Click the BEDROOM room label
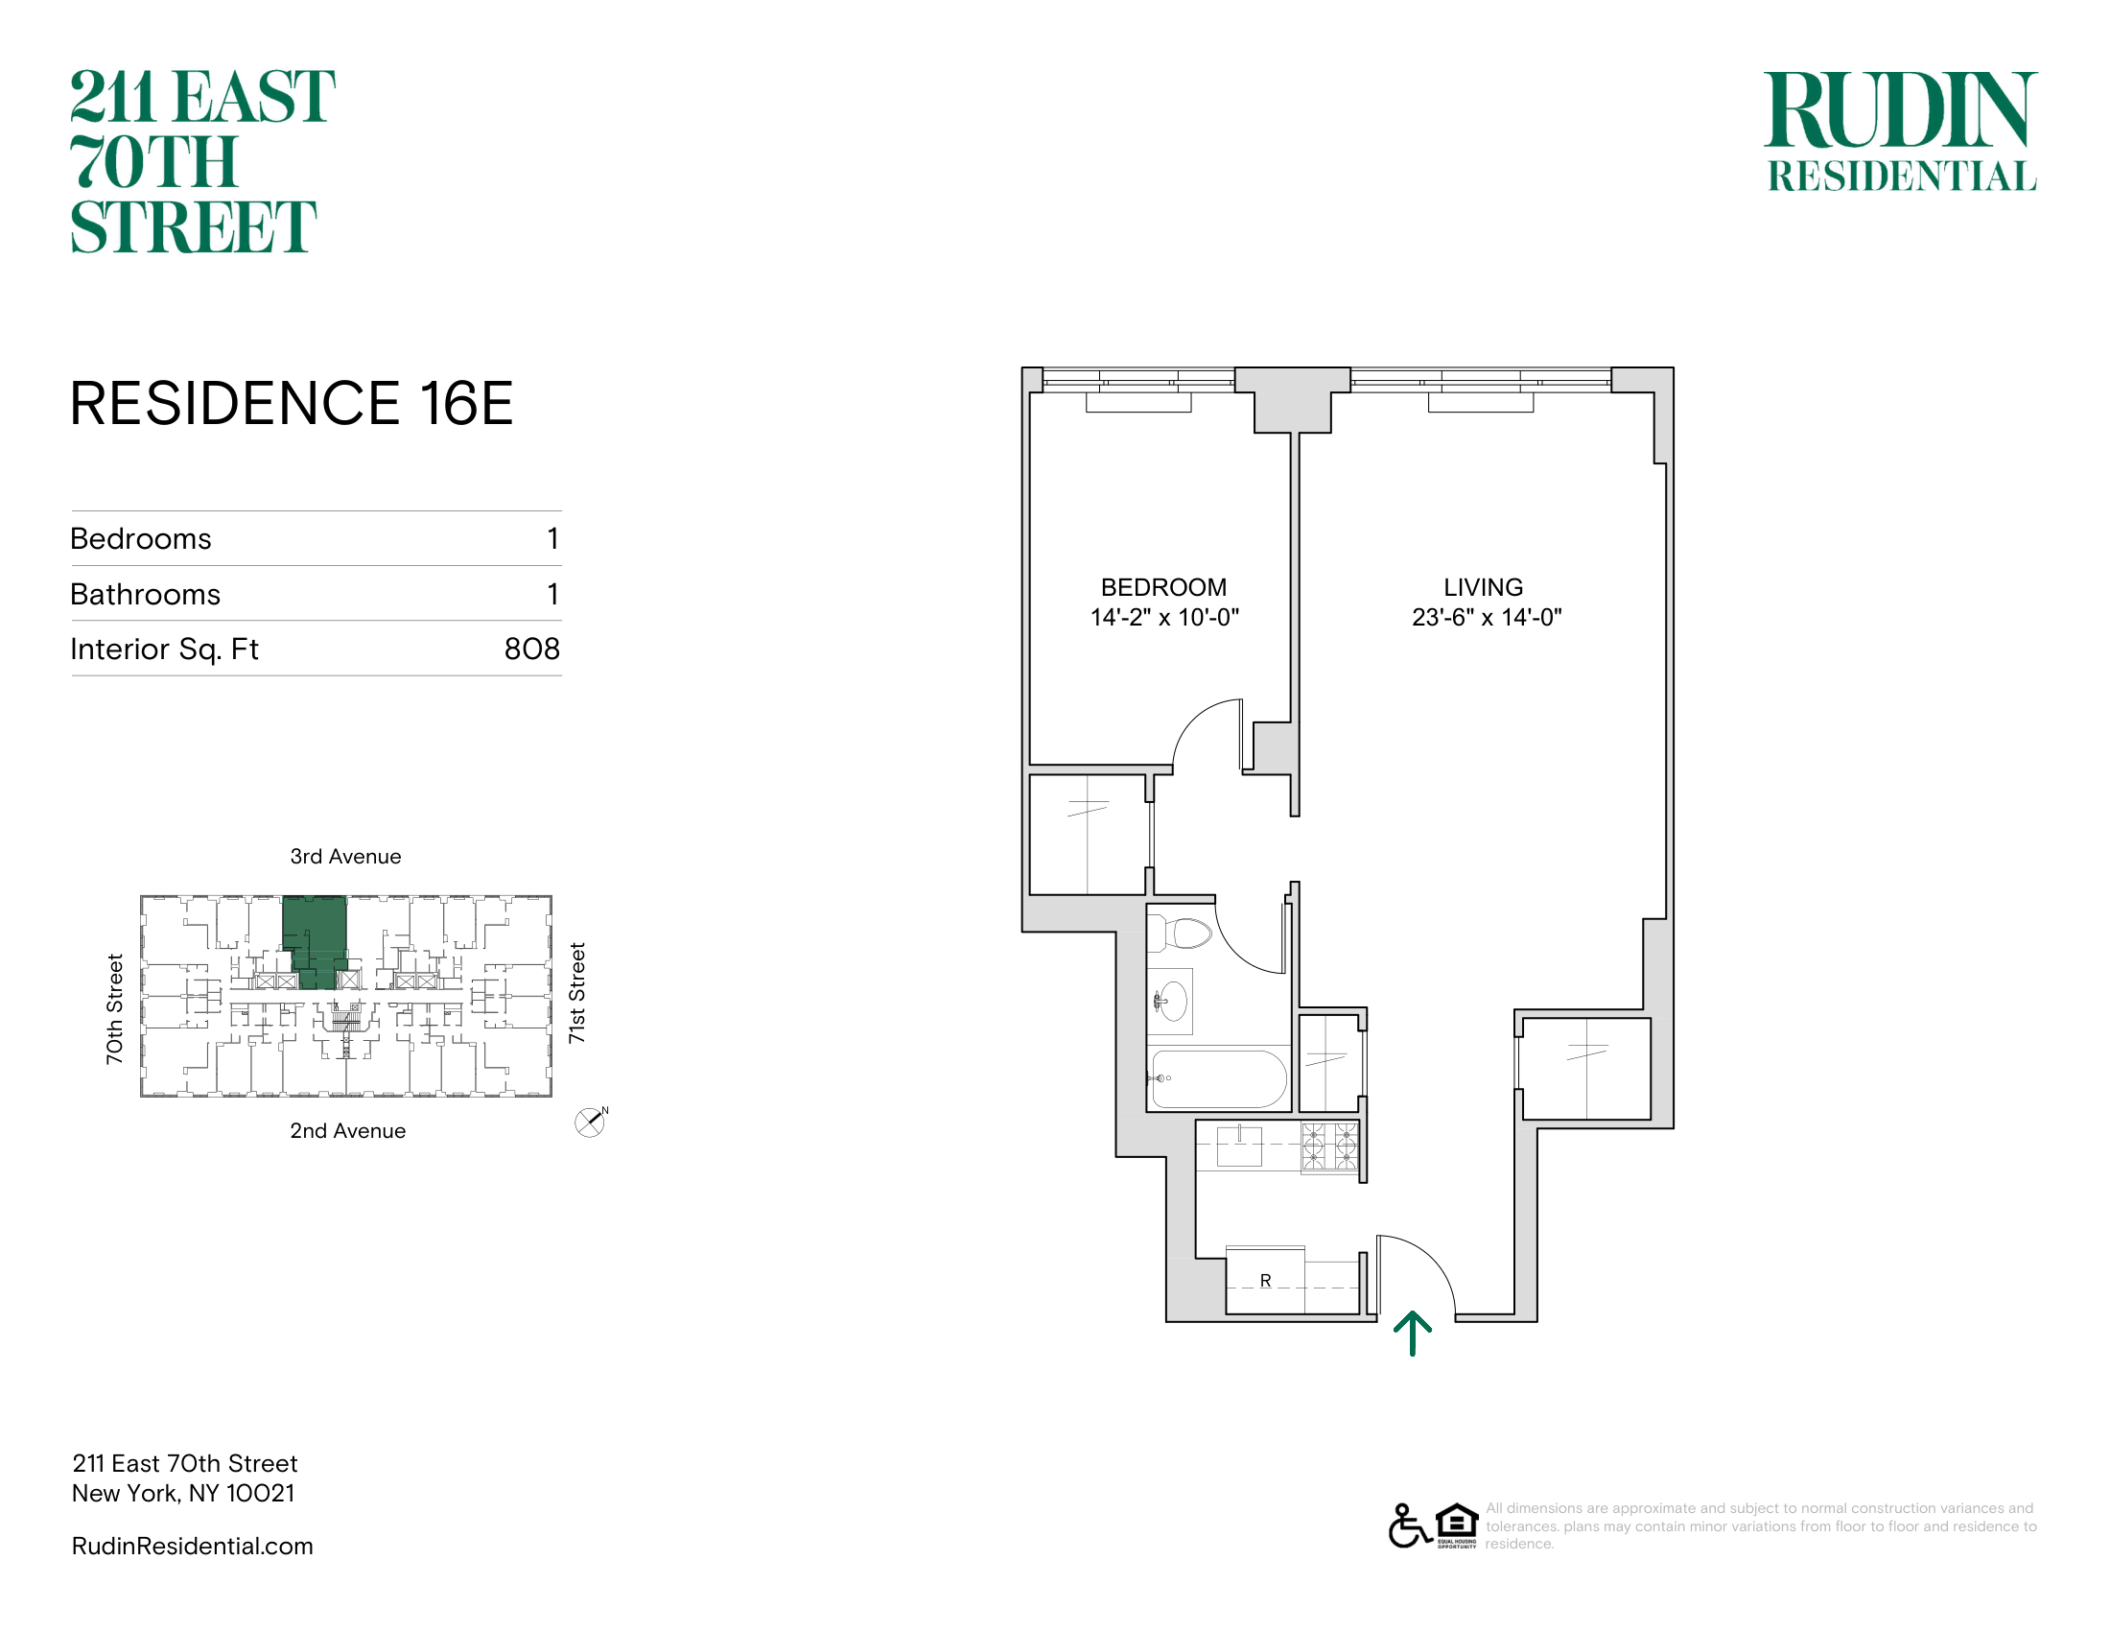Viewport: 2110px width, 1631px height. (x=1163, y=587)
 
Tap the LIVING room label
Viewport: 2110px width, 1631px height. (x=1483, y=587)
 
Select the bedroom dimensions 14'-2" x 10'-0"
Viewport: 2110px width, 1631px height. (x=1164, y=618)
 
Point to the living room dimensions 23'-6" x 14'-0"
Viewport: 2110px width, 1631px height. (x=1487, y=618)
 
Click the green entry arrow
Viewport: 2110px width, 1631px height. (x=1413, y=1334)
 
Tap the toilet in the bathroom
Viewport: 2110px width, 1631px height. (x=1181, y=934)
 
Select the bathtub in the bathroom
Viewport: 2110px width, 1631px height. (x=1218, y=1078)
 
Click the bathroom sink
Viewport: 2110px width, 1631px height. (x=1171, y=1001)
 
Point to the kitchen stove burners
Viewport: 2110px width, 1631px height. (x=1329, y=1146)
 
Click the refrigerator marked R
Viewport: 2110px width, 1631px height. (x=1266, y=1281)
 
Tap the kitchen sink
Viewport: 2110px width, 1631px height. (x=1239, y=1146)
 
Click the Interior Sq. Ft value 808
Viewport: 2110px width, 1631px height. (x=532, y=650)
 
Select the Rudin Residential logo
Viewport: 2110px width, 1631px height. (x=1901, y=131)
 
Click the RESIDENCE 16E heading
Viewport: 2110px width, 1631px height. (x=292, y=403)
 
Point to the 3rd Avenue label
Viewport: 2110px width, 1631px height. (x=346, y=857)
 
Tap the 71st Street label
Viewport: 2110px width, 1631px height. (x=576, y=993)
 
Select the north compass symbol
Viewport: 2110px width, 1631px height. (x=590, y=1122)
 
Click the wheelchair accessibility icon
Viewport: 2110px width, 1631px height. (x=1410, y=1526)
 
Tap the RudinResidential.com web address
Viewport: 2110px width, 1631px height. (x=192, y=1547)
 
